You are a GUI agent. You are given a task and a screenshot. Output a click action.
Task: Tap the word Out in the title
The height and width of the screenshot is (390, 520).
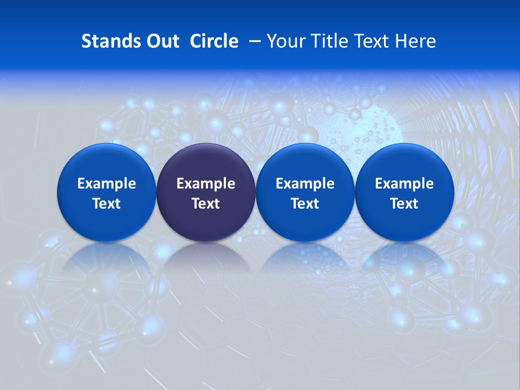coord(162,41)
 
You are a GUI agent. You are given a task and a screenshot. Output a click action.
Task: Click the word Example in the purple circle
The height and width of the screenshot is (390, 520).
coord(206,184)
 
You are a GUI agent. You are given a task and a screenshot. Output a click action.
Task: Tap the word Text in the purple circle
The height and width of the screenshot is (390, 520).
coord(206,204)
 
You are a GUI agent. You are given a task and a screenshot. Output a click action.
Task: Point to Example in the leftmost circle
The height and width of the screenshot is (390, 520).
coord(106,184)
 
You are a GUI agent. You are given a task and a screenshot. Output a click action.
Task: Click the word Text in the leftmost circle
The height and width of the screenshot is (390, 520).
coord(106,204)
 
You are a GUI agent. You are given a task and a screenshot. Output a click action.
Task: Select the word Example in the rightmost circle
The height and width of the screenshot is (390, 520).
coord(404,184)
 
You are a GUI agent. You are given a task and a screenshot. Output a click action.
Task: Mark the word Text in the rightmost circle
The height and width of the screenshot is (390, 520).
coord(404,204)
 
